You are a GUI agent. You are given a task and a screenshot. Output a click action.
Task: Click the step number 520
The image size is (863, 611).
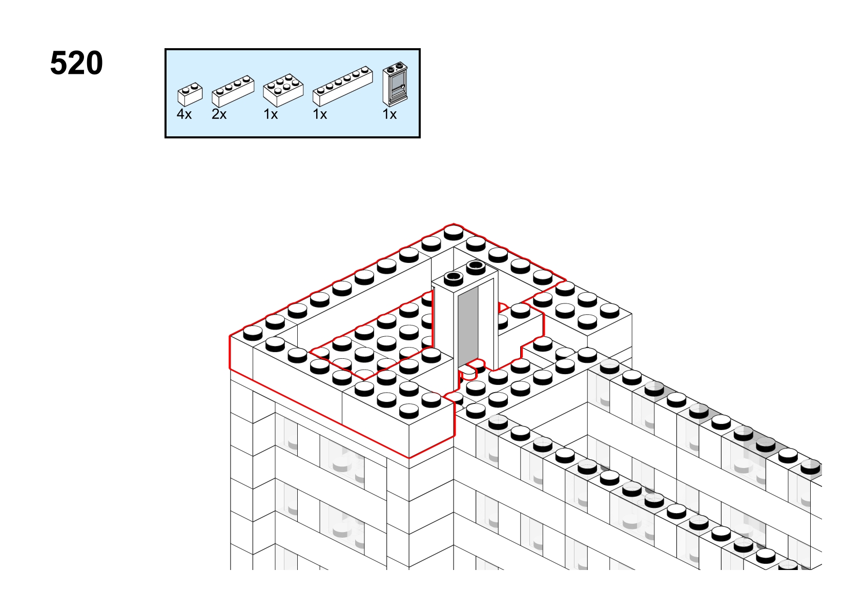[76, 63]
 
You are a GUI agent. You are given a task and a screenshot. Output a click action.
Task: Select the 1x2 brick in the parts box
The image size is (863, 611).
[190, 94]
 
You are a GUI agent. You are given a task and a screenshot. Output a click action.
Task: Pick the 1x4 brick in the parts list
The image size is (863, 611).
[233, 91]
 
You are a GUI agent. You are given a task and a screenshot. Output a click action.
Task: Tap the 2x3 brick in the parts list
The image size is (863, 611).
[283, 90]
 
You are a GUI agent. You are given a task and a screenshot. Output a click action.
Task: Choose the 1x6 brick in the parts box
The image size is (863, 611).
[342, 86]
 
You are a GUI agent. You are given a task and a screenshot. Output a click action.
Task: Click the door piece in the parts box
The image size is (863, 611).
[395, 84]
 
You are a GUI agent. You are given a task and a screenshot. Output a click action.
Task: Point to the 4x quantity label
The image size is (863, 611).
[184, 114]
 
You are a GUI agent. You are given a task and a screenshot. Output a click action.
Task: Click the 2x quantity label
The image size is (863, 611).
[219, 114]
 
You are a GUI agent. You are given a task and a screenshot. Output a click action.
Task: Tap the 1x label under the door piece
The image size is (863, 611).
[389, 114]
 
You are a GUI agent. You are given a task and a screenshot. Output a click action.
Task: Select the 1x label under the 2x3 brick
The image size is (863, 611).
[271, 114]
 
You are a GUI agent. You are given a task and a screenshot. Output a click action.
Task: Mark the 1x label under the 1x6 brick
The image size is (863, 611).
[320, 114]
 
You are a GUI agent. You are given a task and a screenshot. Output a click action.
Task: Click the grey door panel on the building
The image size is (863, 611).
[468, 325]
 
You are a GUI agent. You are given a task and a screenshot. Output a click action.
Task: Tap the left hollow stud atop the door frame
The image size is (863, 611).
[454, 278]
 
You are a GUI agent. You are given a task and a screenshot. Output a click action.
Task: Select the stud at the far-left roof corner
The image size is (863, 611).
[253, 333]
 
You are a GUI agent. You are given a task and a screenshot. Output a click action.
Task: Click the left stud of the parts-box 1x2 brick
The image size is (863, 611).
[186, 90]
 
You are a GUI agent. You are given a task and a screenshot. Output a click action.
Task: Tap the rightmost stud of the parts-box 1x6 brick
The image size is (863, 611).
[364, 71]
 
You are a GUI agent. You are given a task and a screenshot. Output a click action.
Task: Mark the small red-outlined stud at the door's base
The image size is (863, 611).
[467, 372]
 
